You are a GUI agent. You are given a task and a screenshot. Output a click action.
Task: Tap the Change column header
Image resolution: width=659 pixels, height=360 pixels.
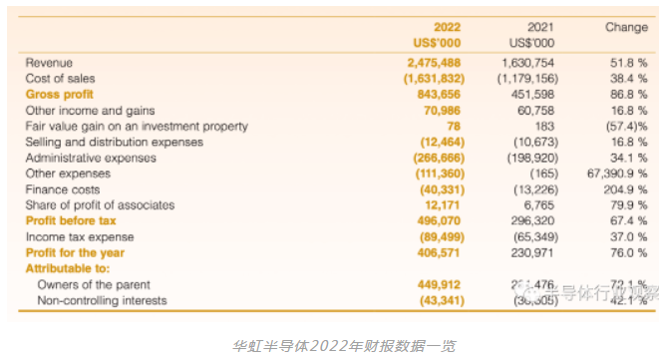(x=626, y=27)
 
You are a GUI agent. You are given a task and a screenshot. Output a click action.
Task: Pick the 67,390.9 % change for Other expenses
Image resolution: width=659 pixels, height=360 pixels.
(x=614, y=174)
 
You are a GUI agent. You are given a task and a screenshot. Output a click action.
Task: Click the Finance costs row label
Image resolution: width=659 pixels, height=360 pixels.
(x=62, y=189)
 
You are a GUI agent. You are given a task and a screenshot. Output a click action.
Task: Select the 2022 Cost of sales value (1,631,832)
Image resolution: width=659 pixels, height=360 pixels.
(x=435, y=78)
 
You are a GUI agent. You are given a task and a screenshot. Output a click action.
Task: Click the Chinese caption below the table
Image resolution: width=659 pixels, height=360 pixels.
(x=329, y=344)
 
